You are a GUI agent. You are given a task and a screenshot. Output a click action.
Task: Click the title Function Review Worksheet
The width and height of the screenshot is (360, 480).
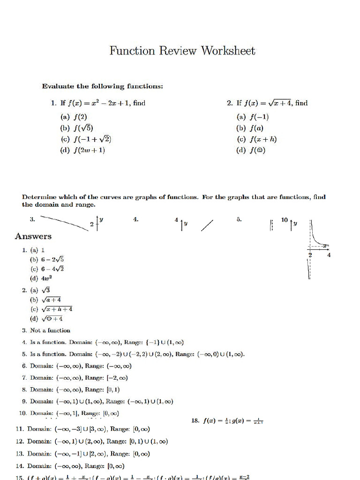(182, 51)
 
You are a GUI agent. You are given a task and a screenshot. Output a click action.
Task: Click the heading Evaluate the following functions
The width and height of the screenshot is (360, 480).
(103, 86)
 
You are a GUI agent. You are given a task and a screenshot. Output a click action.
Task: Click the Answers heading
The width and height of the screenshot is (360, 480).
(33, 236)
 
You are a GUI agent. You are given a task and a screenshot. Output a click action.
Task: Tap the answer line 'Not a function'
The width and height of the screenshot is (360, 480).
(50, 330)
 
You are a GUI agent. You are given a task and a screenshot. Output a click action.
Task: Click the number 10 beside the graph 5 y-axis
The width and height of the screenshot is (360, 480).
(285, 220)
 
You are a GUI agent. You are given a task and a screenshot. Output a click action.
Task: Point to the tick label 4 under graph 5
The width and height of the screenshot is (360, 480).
(329, 255)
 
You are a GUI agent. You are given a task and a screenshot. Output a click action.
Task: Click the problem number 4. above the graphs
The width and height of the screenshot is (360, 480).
(136, 219)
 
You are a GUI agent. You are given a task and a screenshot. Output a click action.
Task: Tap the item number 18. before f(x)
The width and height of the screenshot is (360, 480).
(196, 420)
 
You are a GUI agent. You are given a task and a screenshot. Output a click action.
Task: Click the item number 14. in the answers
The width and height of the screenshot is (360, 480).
(19, 466)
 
